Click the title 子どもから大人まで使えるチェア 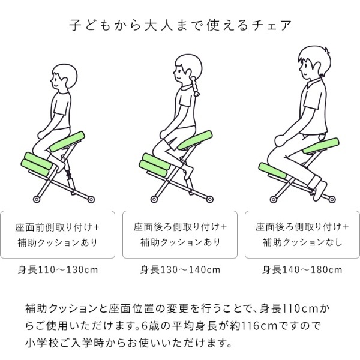tap(181, 25)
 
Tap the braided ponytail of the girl tap(195, 86)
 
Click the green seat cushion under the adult tap(321, 146)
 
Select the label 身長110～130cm tap(58, 269)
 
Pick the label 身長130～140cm tap(180, 269)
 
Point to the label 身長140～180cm tap(302, 269)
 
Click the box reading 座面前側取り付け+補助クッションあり tap(58, 235)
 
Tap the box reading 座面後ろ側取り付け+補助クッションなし tap(302, 235)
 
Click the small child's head tap(64, 76)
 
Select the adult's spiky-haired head tap(314, 62)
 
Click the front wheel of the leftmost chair tap(37, 199)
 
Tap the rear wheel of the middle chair tap(210, 199)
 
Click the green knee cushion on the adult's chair tap(273, 170)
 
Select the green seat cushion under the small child tap(67, 142)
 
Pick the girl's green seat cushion tap(194, 140)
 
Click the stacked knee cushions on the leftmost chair tap(37, 164)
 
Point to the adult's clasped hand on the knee tap(281, 140)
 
